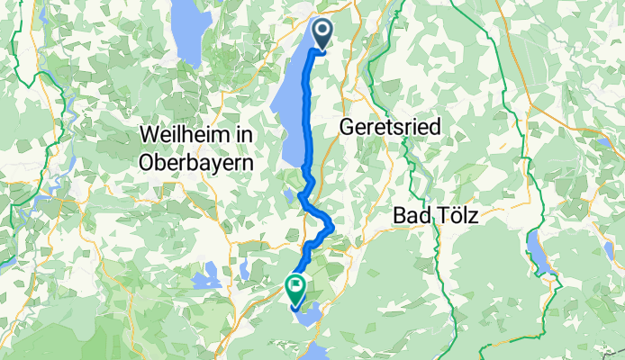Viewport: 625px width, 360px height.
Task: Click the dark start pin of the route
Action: click(322, 33)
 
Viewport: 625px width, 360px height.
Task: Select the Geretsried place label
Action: click(390, 129)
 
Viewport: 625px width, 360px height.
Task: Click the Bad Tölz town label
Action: click(434, 216)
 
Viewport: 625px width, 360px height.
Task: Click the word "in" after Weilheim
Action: click(243, 134)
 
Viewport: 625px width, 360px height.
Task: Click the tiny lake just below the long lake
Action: click(289, 194)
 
